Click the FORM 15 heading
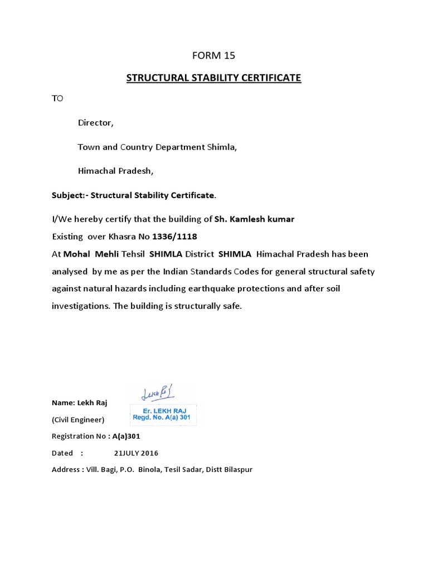[213, 55]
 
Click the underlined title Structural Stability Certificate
[213, 78]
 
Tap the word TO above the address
[57, 99]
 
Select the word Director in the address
[95, 123]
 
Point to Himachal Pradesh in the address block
[115, 171]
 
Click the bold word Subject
[67, 195]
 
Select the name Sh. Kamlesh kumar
[254, 219]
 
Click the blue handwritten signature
[158, 394]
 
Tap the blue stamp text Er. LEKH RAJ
[163, 411]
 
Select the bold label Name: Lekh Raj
[79, 403]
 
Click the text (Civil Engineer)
[77, 420]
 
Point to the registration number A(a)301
[126, 436]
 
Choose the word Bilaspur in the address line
[238, 470]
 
